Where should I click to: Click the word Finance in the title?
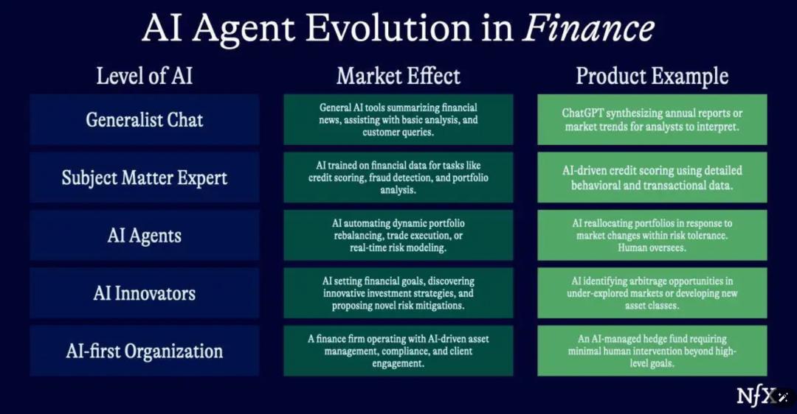589,28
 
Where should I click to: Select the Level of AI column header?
145,76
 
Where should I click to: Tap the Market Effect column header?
398,76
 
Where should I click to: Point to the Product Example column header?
652,76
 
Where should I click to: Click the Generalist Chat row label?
145,120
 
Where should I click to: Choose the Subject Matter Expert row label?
145,178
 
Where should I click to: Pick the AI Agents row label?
145,236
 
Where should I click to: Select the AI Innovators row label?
145,293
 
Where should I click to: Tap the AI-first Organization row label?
145,351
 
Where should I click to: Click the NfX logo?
756,396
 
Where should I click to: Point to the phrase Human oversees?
652,248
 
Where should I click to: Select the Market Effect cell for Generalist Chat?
398,120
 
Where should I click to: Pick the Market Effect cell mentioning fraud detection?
398,178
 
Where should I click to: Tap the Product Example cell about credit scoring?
652,178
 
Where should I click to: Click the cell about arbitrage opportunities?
652,293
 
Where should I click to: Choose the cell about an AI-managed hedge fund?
652,351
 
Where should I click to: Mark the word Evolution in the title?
389,28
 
